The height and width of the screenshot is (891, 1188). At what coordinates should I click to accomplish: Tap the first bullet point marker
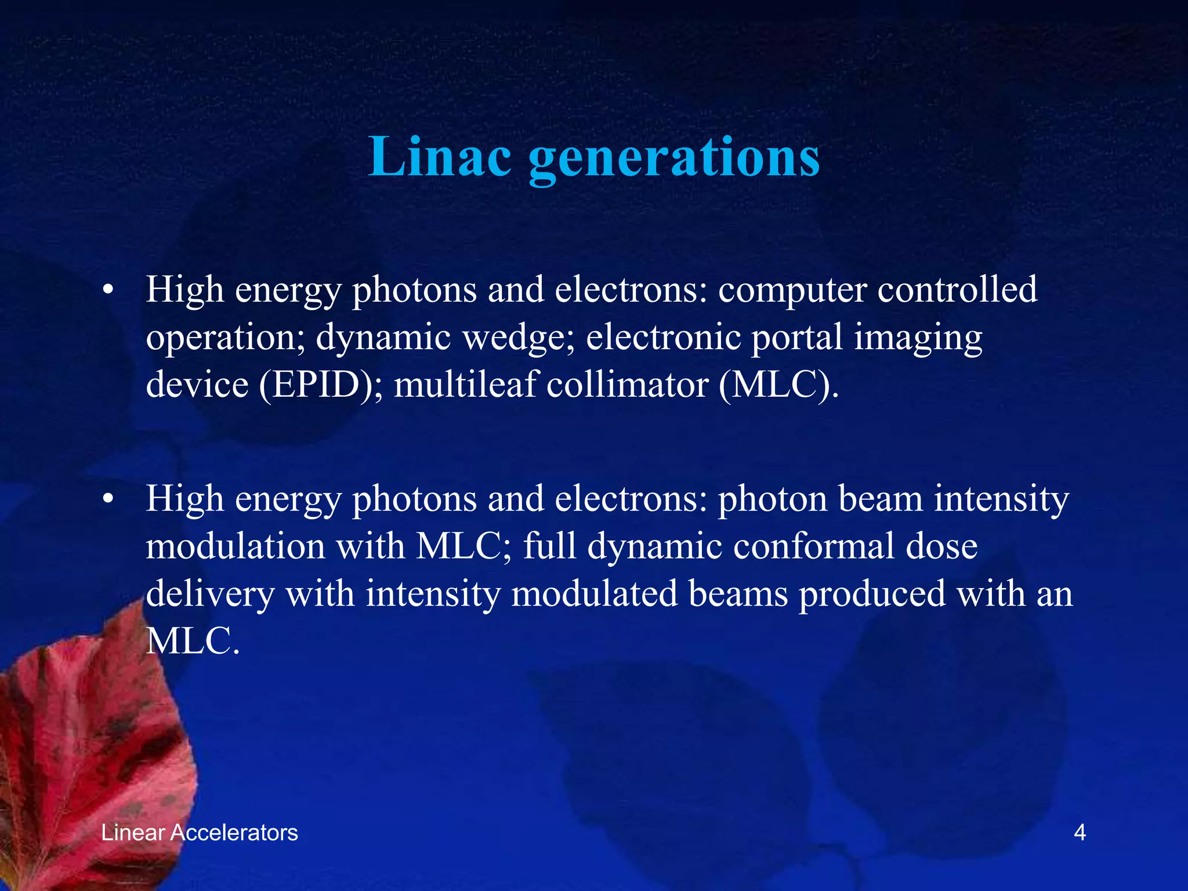point(107,291)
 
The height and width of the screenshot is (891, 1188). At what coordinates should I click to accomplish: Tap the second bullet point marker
point(107,499)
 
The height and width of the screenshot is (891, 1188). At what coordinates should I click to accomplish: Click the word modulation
point(236,546)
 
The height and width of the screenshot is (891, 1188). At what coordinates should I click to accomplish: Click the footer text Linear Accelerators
point(200,832)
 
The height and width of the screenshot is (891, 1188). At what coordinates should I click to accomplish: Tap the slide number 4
point(1080,832)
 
